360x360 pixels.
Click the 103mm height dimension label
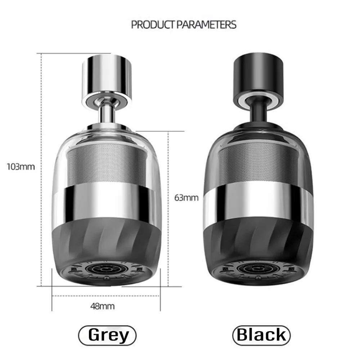click(x=21, y=167)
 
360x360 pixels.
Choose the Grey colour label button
click(x=107, y=335)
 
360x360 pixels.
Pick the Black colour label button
click(x=261, y=335)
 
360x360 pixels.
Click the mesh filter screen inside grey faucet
click(x=106, y=162)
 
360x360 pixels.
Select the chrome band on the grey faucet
click(x=106, y=202)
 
